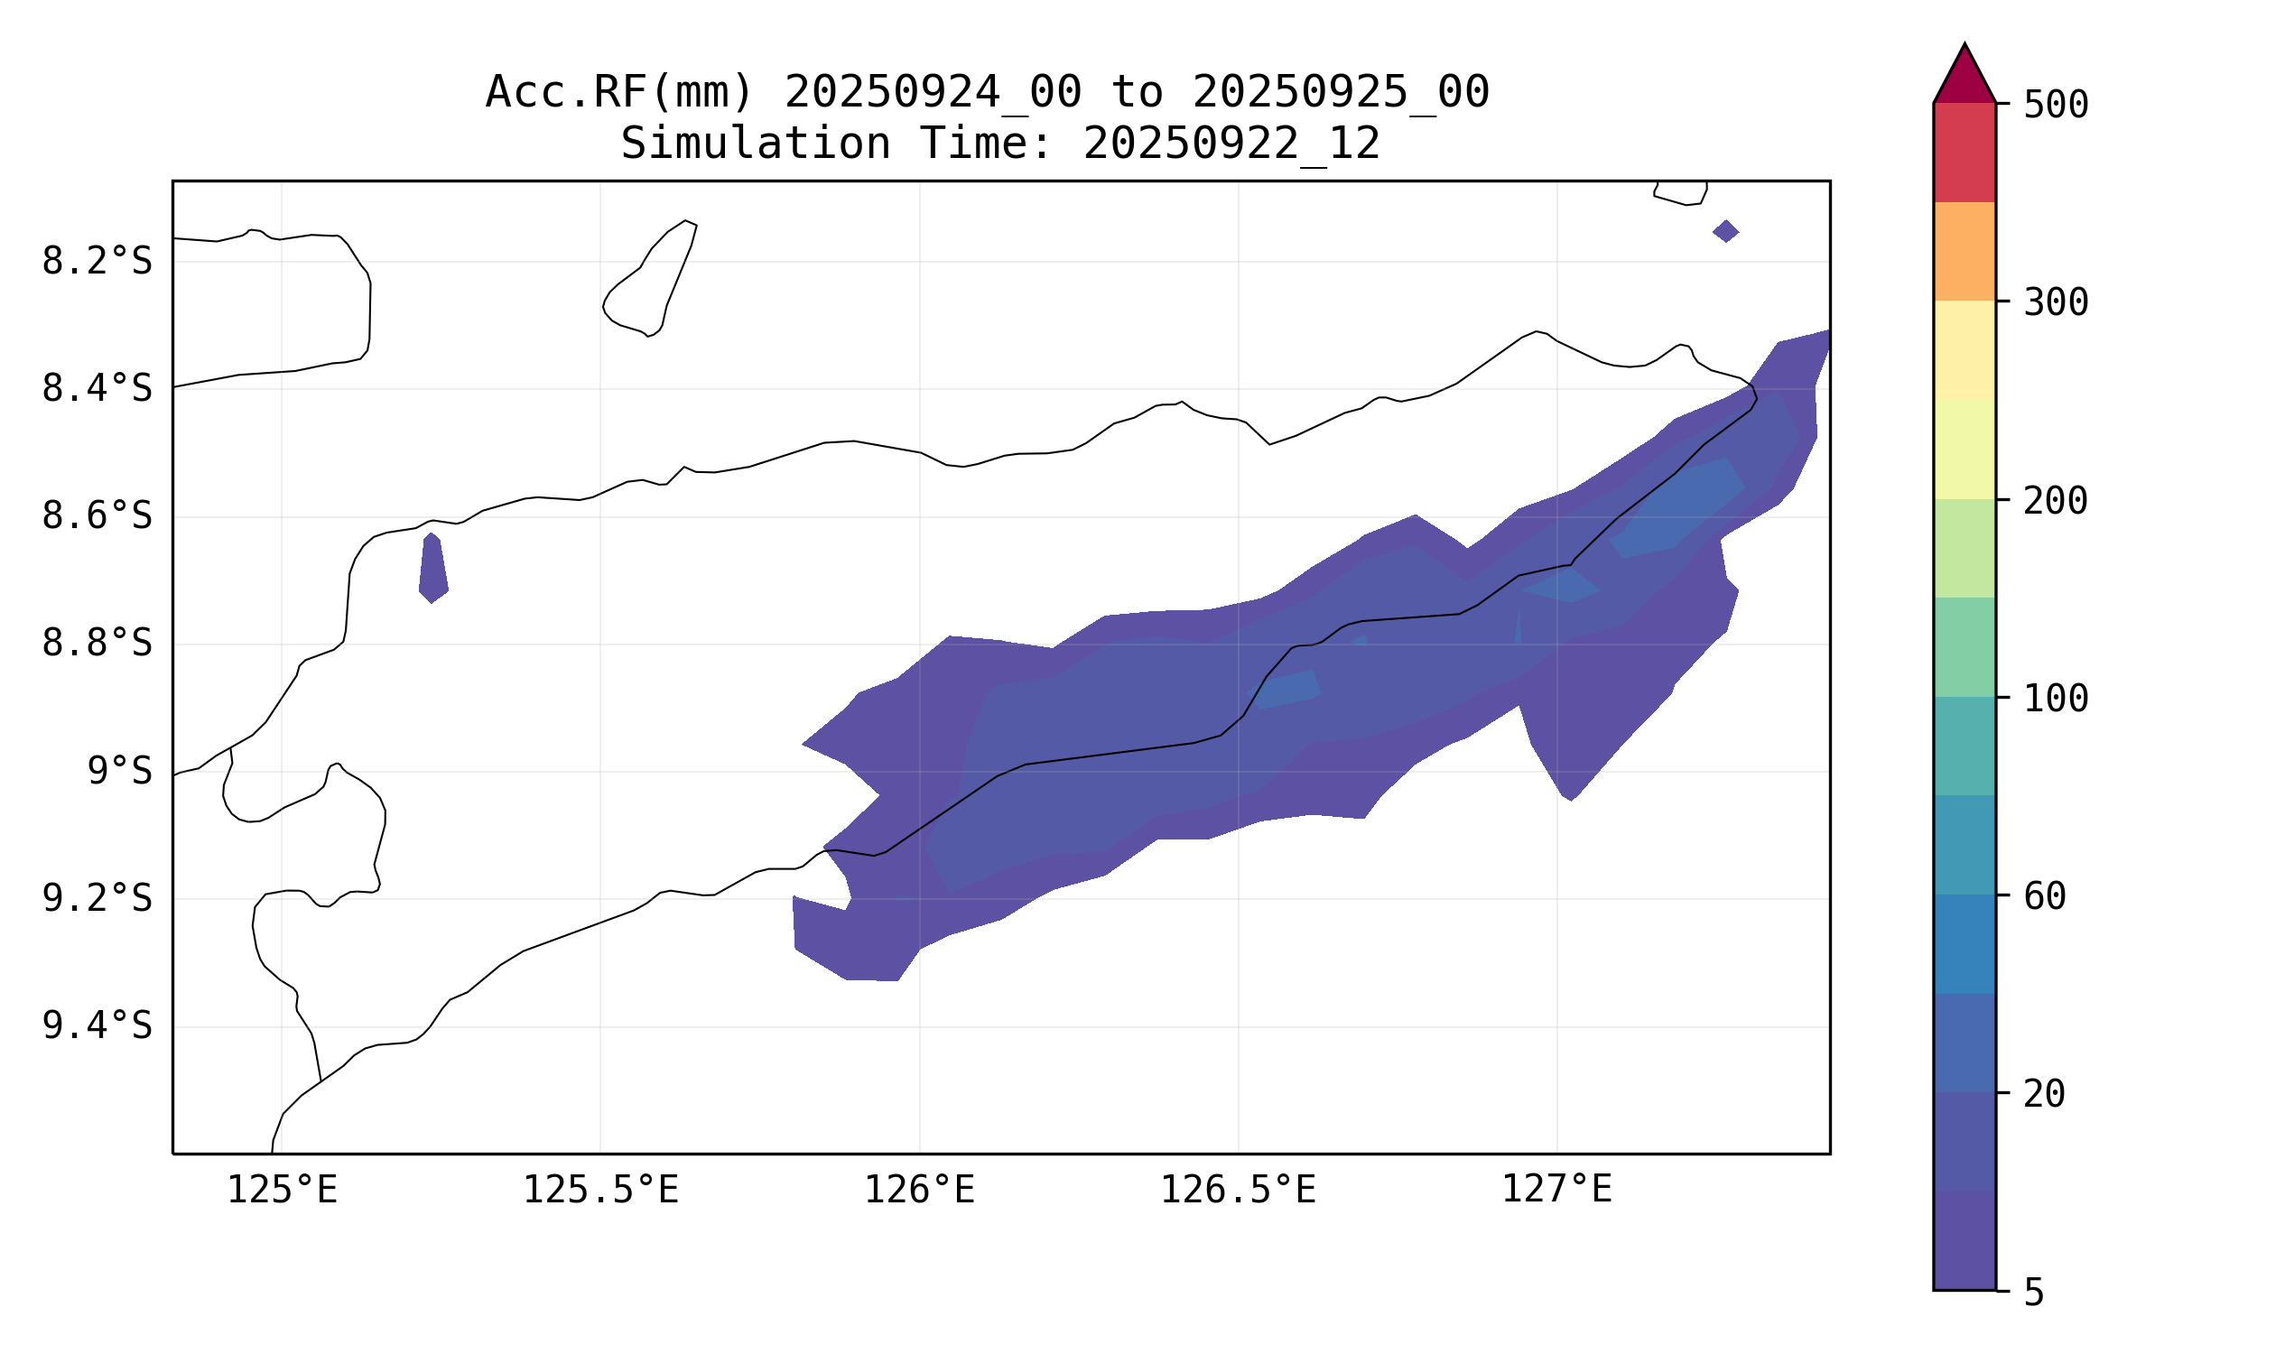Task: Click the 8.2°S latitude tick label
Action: pyautogui.click(x=97, y=262)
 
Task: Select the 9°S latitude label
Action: pyautogui.click(x=119, y=772)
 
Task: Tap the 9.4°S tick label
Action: pyautogui.click(x=97, y=1026)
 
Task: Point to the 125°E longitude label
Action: pyautogui.click(x=282, y=1191)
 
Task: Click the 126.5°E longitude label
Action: pyautogui.click(x=1239, y=1191)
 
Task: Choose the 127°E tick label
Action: pyautogui.click(x=1556, y=1191)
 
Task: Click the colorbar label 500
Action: pyautogui.click(x=2055, y=105)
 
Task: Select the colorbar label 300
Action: pyautogui.click(x=2055, y=303)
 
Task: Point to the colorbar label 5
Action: pyautogui.click(x=2034, y=1293)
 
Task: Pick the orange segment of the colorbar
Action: pyautogui.click(x=1964, y=251)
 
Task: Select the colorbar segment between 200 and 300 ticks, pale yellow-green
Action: pyautogui.click(x=1964, y=449)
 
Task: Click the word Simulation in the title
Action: pyautogui.click(x=755, y=144)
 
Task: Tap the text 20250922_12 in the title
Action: pyautogui.click(x=1231, y=144)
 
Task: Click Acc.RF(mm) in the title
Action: pyautogui.click(x=618, y=92)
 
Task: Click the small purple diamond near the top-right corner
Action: pyautogui.click(x=1725, y=231)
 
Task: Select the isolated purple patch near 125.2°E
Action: pyautogui.click(x=433, y=568)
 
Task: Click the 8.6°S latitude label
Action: pyautogui.click(x=97, y=516)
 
